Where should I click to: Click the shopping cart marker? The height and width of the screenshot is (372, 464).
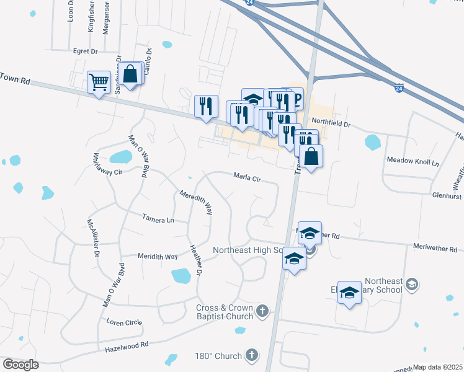coord(99,82)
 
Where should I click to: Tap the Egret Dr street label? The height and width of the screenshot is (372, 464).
coord(86,51)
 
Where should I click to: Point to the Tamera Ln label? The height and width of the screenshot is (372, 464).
coord(158,219)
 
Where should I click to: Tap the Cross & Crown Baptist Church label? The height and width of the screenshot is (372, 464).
coord(225,312)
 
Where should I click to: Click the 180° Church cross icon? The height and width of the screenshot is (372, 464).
coord(251,355)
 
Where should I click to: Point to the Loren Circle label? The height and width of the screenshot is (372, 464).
coord(124,322)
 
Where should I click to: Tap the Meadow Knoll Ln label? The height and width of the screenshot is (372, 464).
coord(413,161)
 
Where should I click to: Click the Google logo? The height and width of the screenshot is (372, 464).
coord(21,365)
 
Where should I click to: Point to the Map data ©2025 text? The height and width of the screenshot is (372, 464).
coord(437,367)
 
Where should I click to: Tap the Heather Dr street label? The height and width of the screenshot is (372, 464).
coord(196,262)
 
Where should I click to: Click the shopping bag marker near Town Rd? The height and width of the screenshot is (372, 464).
coord(131,75)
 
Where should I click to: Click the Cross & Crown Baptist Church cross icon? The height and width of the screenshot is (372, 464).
coord(262,311)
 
